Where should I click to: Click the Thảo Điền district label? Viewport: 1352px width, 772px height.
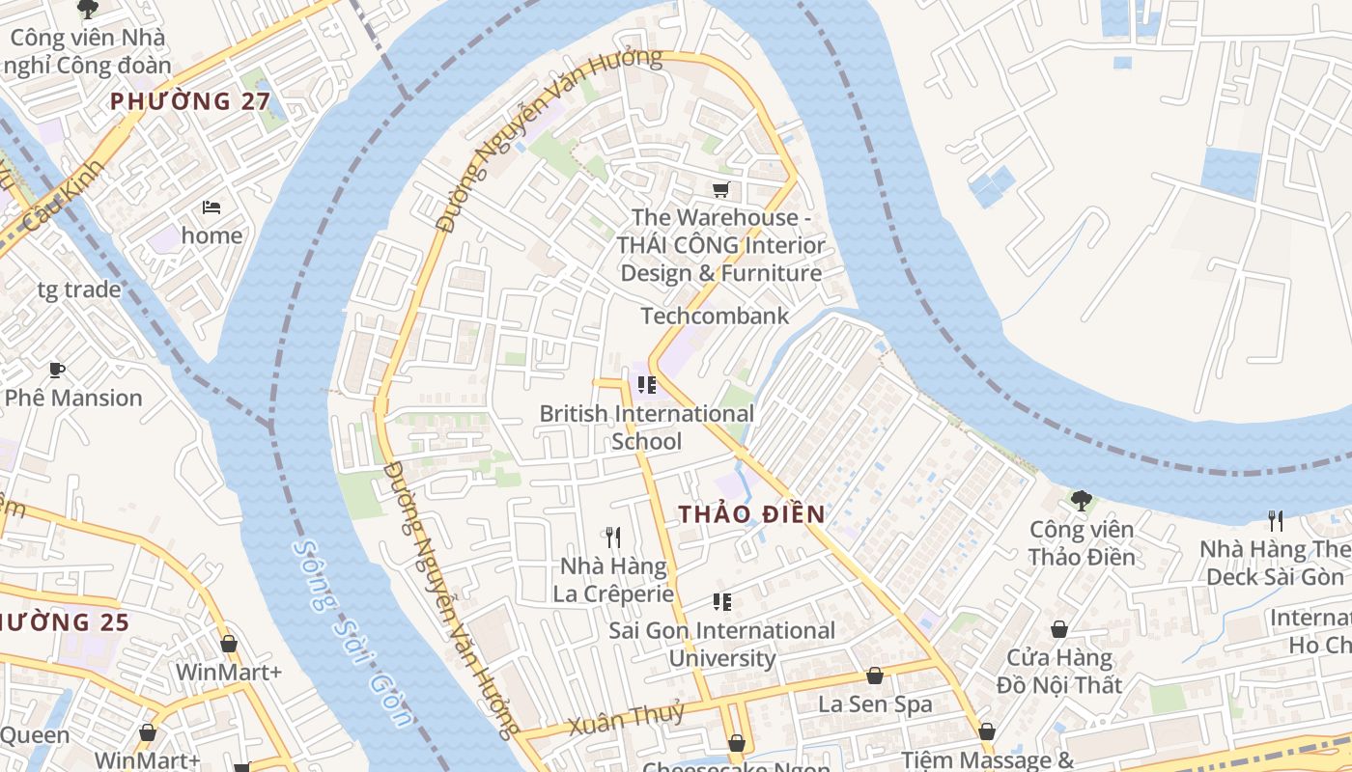click(751, 514)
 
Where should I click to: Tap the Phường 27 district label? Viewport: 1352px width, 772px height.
click(189, 100)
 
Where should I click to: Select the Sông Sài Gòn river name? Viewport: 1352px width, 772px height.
click(352, 632)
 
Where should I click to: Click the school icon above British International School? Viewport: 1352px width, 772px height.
click(647, 385)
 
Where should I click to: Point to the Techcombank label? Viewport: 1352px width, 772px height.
click(715, 316)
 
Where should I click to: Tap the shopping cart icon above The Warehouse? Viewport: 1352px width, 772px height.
click(720, 189)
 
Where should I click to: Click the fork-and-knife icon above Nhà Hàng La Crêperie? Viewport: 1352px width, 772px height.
click(613, 538)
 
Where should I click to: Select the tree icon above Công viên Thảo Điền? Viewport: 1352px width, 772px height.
click(1082, 500)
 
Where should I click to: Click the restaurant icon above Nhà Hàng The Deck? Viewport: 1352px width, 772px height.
click(1276, 520)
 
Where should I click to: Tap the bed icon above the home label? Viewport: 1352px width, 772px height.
click(211, 207)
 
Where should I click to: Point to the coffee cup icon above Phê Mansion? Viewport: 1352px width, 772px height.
click(56, 370)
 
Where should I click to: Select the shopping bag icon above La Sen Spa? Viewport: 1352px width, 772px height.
click(875, 675)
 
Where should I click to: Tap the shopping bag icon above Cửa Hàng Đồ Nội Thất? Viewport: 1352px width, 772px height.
click(1059, 629)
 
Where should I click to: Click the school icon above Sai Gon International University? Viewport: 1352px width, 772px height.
click(721, 602)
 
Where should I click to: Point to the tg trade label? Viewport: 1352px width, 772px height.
click(79, 289)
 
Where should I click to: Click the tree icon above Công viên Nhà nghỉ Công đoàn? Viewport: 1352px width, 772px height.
click(88, 10)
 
